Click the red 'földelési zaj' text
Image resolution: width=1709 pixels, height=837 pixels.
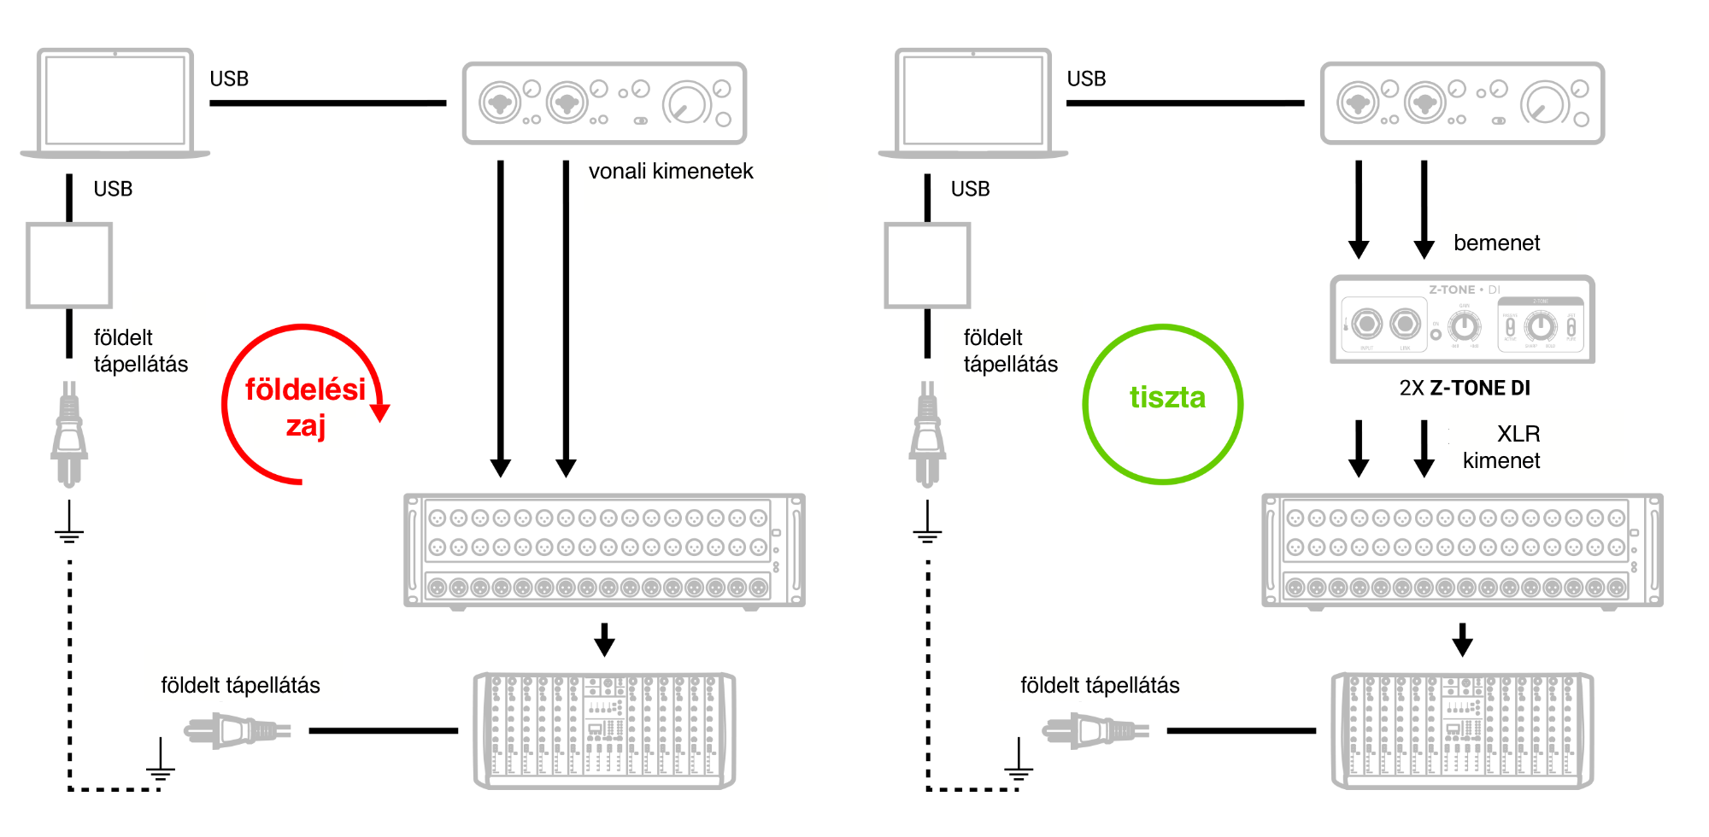[305, 407]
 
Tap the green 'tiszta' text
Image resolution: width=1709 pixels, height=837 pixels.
[1167, 398]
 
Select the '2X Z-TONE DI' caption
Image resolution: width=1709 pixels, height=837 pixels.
[1465, 389]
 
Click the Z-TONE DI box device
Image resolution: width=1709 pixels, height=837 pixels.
[1462, 319]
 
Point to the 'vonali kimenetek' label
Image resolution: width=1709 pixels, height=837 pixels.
[671, 172]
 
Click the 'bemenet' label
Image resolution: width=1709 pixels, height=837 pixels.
[1496, 243]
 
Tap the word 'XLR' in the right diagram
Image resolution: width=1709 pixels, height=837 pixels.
[1518, 434]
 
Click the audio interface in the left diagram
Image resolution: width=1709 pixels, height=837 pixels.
[604, 103]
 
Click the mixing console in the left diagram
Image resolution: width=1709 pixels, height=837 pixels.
[604, 730]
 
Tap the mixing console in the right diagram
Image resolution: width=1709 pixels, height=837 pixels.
[1462, 730]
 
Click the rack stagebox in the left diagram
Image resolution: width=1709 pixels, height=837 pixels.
[604, 550]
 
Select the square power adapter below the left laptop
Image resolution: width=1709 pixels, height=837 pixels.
[69, 266]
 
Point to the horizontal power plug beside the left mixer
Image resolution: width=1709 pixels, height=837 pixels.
[238, 731]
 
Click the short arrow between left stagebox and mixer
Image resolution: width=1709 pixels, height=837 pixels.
[604, 640]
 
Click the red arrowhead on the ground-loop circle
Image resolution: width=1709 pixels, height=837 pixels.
[380, 413]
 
